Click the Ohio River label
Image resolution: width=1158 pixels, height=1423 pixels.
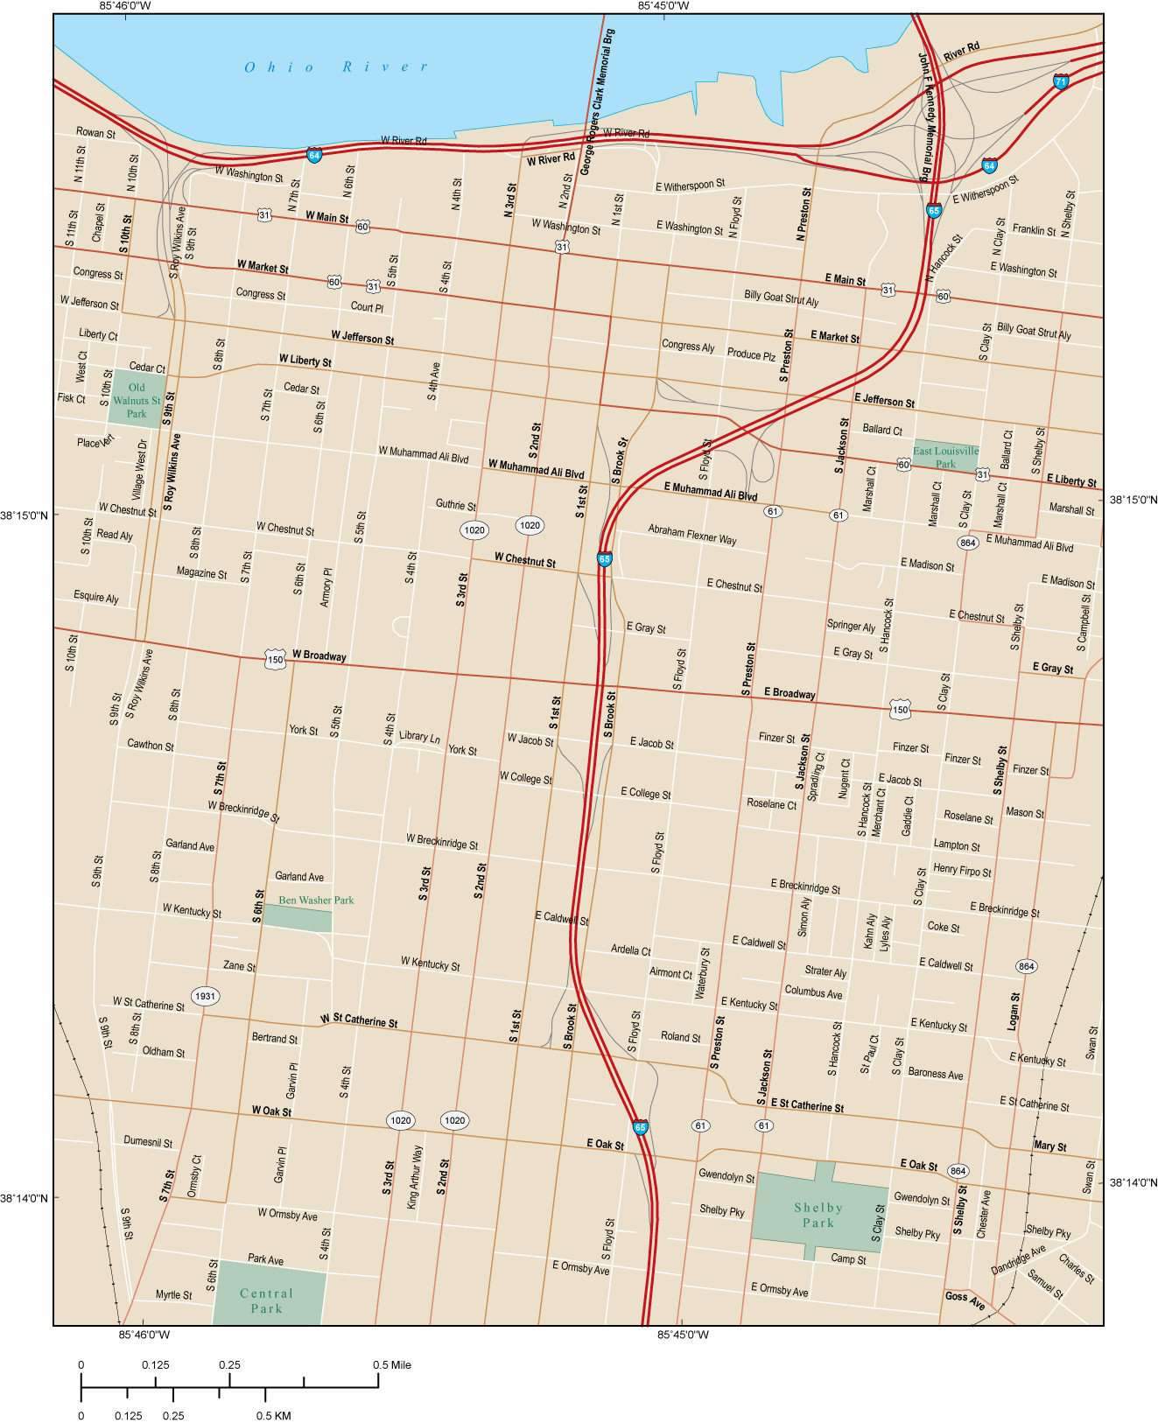pos(337,67)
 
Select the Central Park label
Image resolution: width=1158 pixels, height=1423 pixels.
pos(266,1300)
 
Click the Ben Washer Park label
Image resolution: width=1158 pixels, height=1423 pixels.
pos(316,900)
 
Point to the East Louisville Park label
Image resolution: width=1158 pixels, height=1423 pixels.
pos(945,457)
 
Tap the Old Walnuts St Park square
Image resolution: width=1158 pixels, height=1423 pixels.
pos(137,399)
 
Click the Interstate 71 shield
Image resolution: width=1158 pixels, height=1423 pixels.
pos(1061,81)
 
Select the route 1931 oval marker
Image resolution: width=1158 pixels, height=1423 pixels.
pos(205,996)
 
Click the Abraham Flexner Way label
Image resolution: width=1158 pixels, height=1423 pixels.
pos(691,534)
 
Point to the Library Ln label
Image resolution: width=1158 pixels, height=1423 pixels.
pos(419,736)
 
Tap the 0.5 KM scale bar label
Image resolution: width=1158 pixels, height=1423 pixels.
pos(273,1415)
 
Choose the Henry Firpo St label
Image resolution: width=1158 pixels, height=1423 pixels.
pos(962,872)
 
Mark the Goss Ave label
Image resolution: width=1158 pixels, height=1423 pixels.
pos(965,1297)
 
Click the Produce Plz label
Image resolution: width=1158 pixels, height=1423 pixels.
pos(751,355)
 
